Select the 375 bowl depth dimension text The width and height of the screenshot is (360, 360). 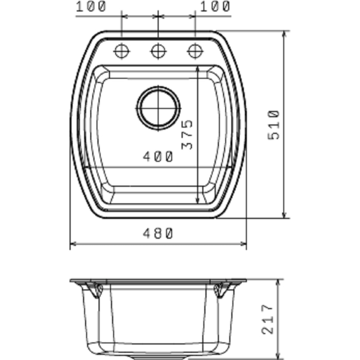[189, 135]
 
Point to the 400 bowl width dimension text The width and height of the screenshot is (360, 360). [158, 157]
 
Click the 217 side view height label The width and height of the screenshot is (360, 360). [267, 320]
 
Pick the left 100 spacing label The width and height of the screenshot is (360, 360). [91, 7]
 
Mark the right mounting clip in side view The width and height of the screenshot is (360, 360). [220, 290]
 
